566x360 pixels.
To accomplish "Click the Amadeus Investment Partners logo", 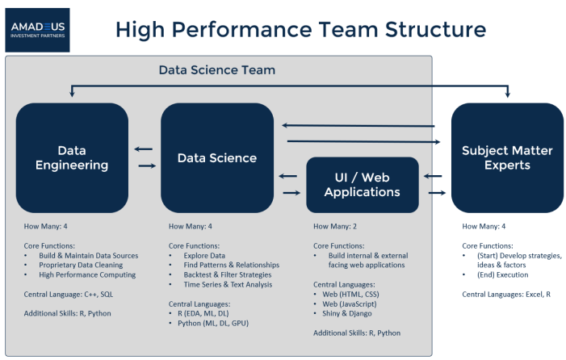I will click(37, 30).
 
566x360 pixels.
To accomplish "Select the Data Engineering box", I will click(72, 157).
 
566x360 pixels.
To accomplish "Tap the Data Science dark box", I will click(217, 157).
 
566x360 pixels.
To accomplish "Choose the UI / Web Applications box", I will click(363, 184).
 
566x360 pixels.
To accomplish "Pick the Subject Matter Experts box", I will click(507, 157).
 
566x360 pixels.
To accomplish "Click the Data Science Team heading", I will click(216, 70).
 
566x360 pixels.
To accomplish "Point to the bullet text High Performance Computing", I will click(87, 274).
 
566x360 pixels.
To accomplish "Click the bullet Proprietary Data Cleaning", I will click(81, 265).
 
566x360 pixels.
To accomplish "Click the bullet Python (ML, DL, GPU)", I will click(213, 323).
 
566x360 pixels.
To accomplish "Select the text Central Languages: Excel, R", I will click(506, 294).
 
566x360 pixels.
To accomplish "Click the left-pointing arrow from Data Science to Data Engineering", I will click(144, 149).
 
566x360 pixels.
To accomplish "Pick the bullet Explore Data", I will click(208, 255).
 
